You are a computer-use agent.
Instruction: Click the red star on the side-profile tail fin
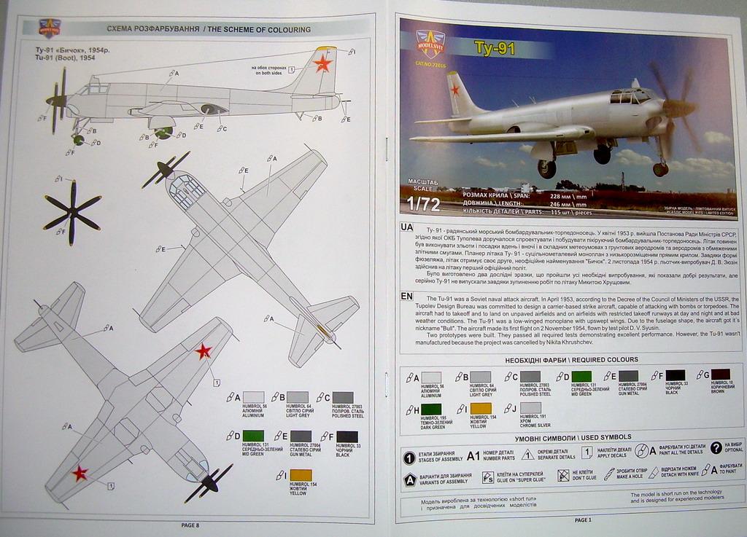click(322, 64)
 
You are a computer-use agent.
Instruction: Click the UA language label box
click(406, 227)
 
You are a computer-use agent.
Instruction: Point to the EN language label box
click(406, 297)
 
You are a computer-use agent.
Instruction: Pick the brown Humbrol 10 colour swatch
click(720, 375)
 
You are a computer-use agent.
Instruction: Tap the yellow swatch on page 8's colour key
click(300, 475)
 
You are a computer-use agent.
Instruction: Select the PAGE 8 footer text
click(190, 525)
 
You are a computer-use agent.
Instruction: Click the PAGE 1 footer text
click(583, 520)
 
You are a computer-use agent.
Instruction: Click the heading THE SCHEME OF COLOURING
click(259, 30)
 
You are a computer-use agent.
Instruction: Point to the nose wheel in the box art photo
click(659, 169)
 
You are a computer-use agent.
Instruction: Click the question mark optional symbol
click(716, 447)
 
